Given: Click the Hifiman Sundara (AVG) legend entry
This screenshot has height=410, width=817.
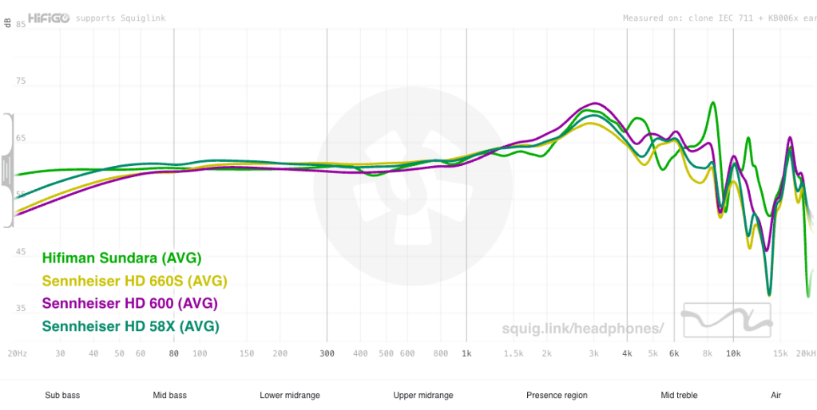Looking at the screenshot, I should point(121,258).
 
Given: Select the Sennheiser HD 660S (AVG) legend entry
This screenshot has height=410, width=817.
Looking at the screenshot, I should point(135,281).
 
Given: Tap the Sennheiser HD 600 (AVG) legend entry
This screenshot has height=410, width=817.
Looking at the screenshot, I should point(129,303).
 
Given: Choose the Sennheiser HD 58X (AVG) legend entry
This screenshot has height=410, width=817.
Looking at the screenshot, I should point(130,325).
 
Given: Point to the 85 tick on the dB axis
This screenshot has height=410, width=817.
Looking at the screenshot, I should point(22,25).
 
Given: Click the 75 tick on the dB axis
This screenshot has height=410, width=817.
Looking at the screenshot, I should point(22,81).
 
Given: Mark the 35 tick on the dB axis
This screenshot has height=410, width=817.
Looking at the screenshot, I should point(22,309).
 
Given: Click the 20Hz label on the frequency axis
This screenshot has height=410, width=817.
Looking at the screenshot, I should point(17,353).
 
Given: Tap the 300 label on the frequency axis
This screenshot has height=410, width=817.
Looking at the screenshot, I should point(327,353).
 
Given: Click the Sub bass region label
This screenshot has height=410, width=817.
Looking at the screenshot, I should point(62,395).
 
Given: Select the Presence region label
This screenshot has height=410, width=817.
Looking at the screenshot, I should point(557,395).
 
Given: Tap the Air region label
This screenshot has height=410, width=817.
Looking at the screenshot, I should point(775,395).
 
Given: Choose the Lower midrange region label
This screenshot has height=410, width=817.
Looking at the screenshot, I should point(290,395).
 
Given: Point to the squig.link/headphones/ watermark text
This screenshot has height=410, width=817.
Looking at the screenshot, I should point(583,328).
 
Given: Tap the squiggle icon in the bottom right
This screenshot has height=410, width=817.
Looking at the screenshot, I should point(728,320).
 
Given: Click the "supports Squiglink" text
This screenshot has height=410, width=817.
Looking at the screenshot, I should point(121,18).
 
